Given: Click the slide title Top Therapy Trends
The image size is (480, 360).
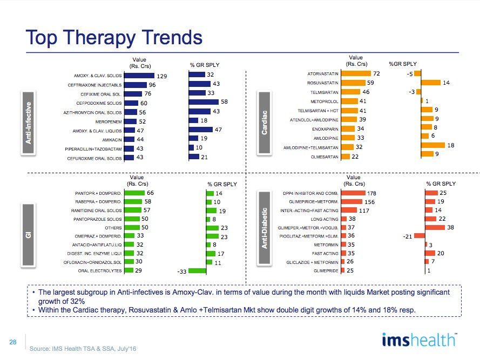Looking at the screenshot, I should tap(114, 37).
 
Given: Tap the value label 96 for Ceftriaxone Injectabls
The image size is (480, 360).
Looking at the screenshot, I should tap(152, 85).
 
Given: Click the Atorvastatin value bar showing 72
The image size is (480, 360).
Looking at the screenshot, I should tap(356, 73).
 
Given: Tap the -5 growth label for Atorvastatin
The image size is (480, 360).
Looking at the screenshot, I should tap(410, 73).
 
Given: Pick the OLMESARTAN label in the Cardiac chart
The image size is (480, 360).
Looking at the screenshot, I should tap(323, 157).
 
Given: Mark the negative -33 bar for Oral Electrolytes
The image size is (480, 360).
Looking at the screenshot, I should tap(198, 271).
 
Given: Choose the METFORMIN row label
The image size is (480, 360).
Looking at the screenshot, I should tap(326, 245).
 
